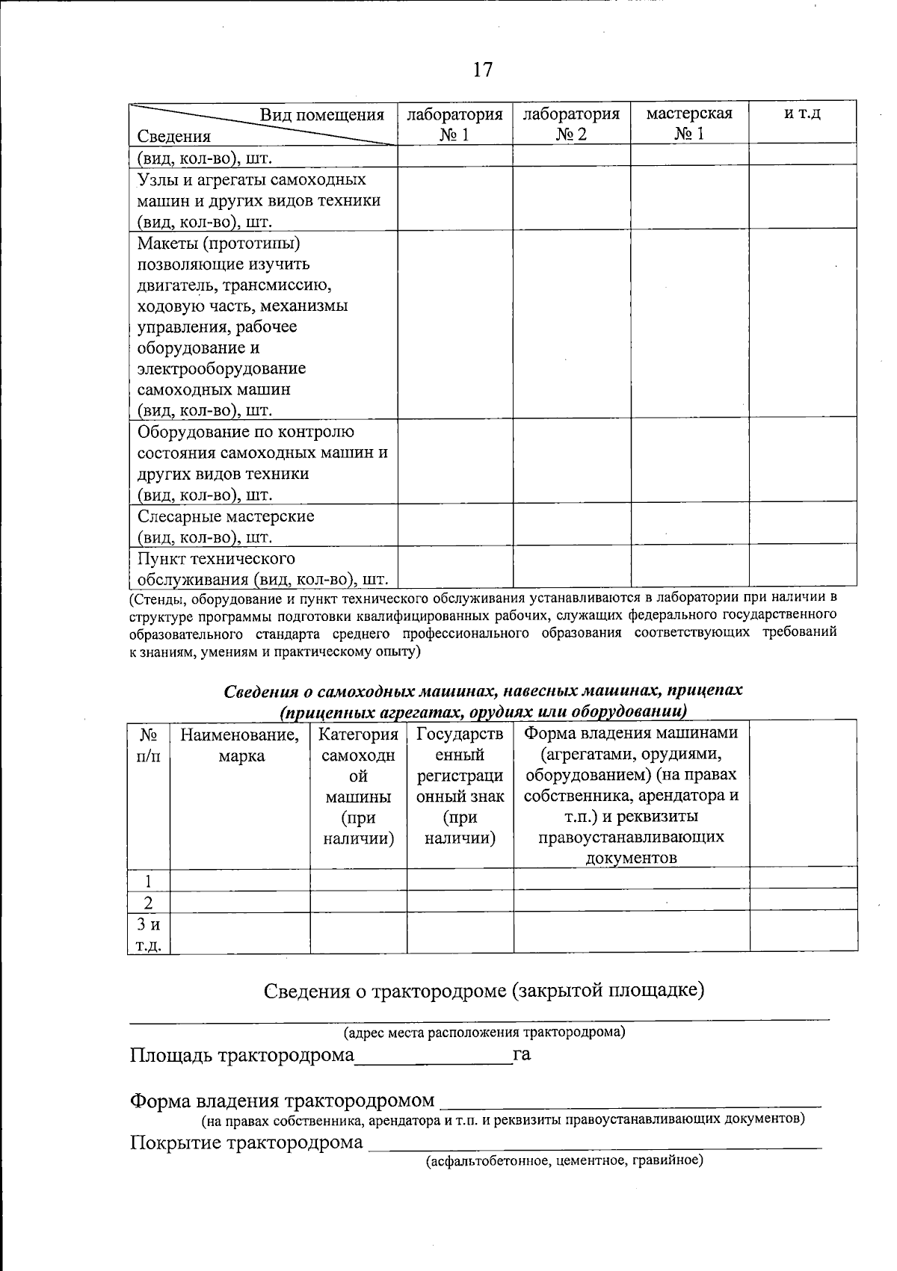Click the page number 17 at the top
[x=483, y=69]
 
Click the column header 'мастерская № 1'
[x=689, y=123]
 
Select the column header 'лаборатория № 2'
[x=571, y=123]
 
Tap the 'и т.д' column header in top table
[x=803, y=114]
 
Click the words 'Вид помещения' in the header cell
[x=321, y=114]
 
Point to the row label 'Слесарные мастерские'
[x=226, y=516]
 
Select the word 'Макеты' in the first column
[x=167, y=243]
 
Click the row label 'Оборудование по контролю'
[x=245, y=432]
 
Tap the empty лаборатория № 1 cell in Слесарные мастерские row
[x=454, y=526]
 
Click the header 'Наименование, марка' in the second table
[x=240, y=746]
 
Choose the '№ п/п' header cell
[x=149, y=746]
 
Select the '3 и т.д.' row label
[x=149, y=934]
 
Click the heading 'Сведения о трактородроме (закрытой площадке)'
[x=484, y=991]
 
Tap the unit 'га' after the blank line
[x=522, y=1056]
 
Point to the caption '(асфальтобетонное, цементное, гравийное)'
[x=564, y=1161]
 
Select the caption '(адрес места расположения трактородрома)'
[x=484, y=1033]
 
